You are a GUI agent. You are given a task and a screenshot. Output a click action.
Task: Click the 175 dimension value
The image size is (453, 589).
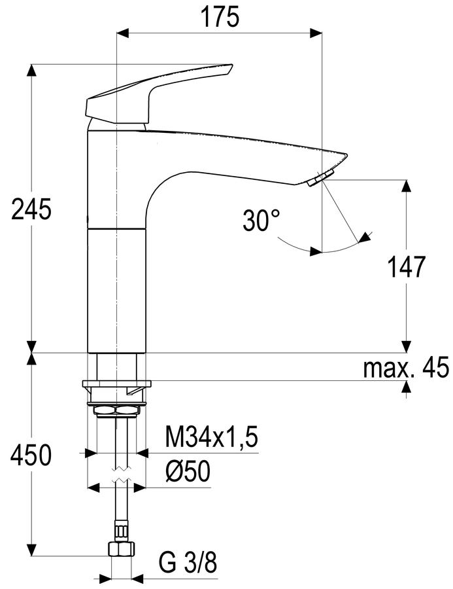point(220,17)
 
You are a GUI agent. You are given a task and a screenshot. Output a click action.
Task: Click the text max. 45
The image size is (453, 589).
point(406,367)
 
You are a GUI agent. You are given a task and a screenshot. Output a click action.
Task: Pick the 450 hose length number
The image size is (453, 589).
point(31,455)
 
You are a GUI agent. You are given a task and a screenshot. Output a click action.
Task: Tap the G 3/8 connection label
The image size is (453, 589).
point(188,562)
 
